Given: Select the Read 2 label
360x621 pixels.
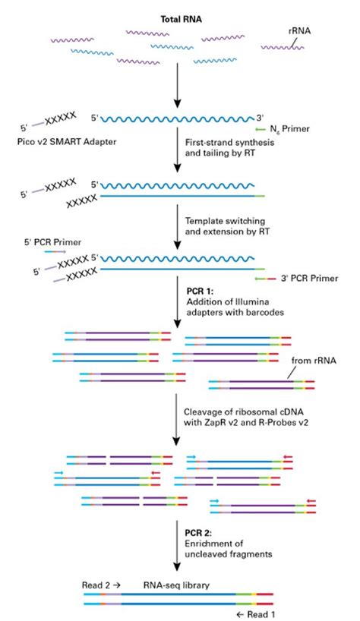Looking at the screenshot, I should [x=99, y=585].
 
